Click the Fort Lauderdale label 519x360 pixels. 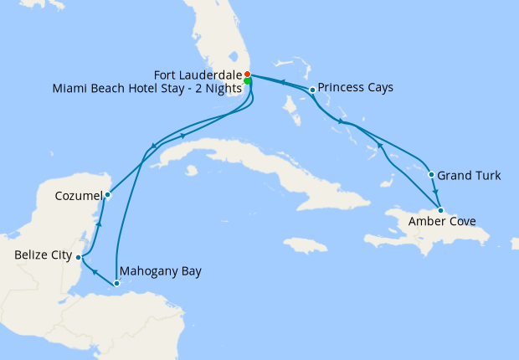coord(200,73)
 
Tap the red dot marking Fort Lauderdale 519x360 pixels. coord(248,74)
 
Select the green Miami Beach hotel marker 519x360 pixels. coord(249,81)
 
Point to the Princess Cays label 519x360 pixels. coord(356,88)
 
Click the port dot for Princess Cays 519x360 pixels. coord(312,89)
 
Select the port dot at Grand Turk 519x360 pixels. coord(431,175)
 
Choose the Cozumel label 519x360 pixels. coord(77,195)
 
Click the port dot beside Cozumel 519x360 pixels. coord(107,195)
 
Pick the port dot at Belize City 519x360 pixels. coord(78,257)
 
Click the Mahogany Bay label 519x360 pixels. coord(161,271)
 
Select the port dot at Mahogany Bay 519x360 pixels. coord(116,283)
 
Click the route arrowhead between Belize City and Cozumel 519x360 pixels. coord(99,224)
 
